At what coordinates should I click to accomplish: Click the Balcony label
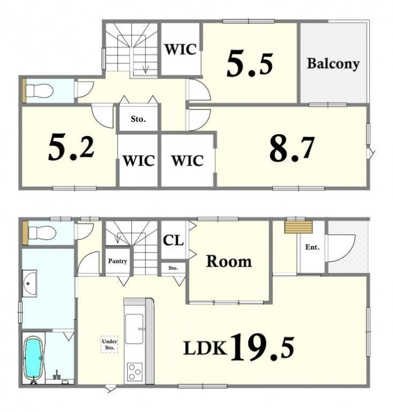click(x=333, y=64)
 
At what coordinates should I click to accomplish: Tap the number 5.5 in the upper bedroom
click(x=250, y=64)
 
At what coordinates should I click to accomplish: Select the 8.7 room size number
click(x=292, y=149)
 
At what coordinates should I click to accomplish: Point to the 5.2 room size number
click(x=71, y=146)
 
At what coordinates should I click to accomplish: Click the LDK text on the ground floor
click(x=205, y=347)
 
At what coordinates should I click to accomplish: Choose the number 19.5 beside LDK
click(x=262, y=347)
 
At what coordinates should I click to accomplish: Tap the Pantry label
click(x=117, y=261)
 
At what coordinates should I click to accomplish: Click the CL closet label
click(x=173, y=240)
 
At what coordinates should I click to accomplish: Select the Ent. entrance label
click(x=312, y=247)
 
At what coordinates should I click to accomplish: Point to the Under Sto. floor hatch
click(x=109, y=344)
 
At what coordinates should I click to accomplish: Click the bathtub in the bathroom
click(x=33, y=358)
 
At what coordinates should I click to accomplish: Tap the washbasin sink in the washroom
click(x=30, y=283)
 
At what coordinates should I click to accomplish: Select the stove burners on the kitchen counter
click(x=135, y=372)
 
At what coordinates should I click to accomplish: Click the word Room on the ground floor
click(x=229, y=261)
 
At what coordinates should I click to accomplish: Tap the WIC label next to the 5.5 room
click(x=181, y=49)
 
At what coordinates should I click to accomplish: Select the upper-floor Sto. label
click(x=138, y=119)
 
